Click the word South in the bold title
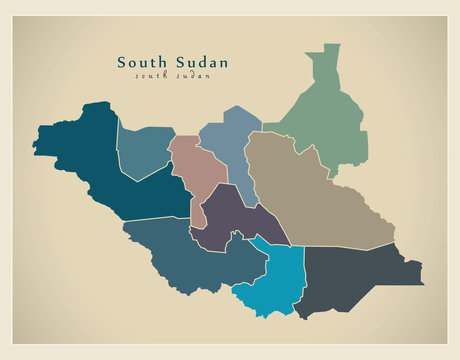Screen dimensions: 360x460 tap(139, 62)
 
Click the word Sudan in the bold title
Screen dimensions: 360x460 tap(199, 62)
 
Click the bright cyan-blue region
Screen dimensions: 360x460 tap(275, 280)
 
